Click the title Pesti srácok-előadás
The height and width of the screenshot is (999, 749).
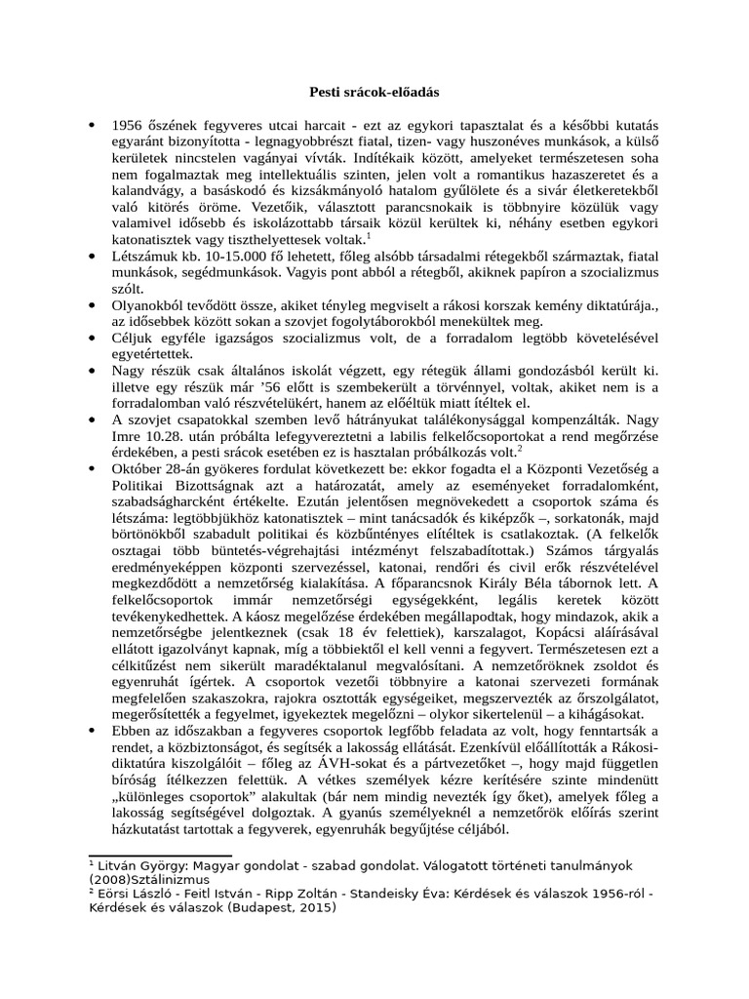(x=374, y=93)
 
